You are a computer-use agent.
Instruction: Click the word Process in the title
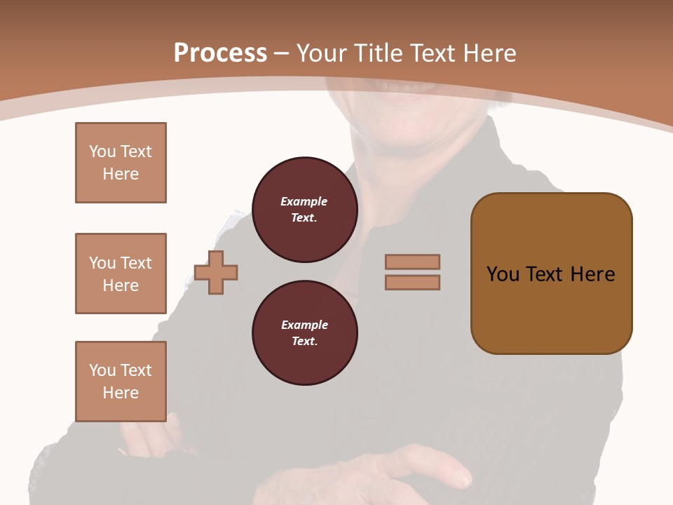(x=220, y=53)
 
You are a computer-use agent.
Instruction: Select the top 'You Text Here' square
(x=121, y=163)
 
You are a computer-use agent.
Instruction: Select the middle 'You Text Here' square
(x=121, y=274)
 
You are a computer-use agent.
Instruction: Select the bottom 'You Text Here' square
(x=121, y=382)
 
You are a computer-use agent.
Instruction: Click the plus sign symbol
(x=216, y=272)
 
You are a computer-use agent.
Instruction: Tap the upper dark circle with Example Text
(x=304, y=210)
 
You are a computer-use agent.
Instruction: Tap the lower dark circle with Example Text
(x=304, y=333)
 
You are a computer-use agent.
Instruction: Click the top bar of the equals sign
(x=412, y=262)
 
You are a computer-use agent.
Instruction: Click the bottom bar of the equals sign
(x=412, y=282)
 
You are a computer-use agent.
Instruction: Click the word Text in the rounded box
(x=545, y=274)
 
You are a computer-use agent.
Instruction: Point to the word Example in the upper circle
(x=304, y=201)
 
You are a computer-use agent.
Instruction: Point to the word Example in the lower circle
(x=304, y=325)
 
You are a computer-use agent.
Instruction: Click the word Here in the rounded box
(x=592, y=274)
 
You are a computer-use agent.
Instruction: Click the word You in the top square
(x=101, y=151)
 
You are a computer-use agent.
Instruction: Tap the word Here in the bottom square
(x=121, y=393)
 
